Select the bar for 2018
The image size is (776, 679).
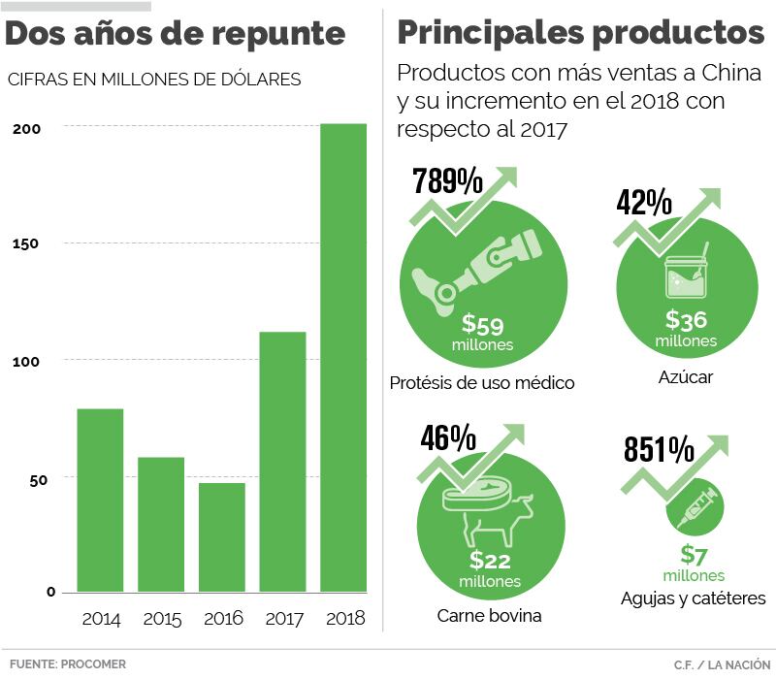[343, 357]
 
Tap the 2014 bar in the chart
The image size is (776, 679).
[100, 500]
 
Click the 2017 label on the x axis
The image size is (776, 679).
[283, 619]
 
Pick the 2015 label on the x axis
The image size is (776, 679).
[161, 619]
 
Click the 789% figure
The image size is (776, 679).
[448, 181]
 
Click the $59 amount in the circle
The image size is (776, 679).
[482, 324]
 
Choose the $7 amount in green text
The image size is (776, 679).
[694, 555]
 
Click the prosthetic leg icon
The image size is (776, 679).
[473, 267]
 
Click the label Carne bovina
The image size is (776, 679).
[489, 616]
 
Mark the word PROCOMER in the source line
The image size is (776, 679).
[93, 664]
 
